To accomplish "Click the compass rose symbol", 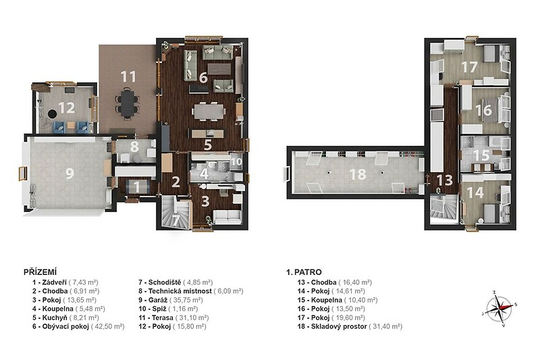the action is (500, 307).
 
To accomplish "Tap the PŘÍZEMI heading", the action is (40, 272).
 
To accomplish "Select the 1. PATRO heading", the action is (304, 272).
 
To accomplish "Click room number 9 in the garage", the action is (70, 173).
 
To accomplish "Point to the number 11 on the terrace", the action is (128, 76).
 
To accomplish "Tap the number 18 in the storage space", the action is (358, 174).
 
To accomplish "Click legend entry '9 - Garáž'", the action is (153, 300).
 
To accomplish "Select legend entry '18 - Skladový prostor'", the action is (332, 326).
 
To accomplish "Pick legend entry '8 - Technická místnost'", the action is (175, 291).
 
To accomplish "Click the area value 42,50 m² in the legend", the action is (108, 326).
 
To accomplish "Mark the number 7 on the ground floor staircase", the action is (175, 221).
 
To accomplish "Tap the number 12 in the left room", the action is (66, 108).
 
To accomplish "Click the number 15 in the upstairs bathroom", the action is (481, 155).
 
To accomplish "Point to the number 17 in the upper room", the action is (469, 67).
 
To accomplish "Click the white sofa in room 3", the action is (227, 215).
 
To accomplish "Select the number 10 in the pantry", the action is (236, 161).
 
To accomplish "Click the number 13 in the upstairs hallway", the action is (444, 180).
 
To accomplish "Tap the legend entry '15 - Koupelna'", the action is (319, 300).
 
